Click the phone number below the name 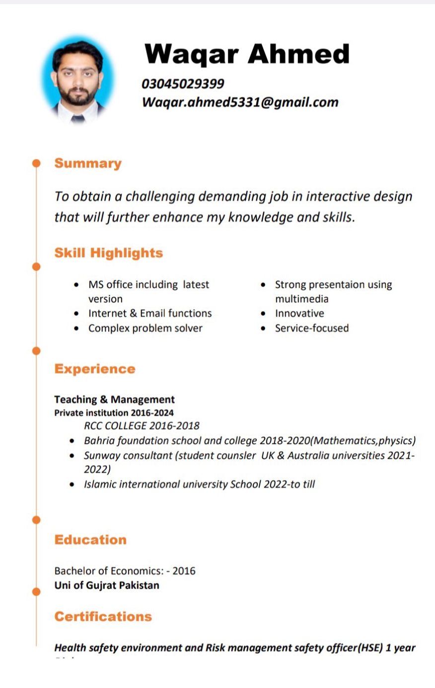pos(183,84)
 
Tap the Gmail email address pos(240,102)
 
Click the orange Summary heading pos(88,164)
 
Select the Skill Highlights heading pos(109,253)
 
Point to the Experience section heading pos(95,369)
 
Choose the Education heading pos(90,540)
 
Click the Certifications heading pos(103,616)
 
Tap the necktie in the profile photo pos(77,118)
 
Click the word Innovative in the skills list pos(299,313)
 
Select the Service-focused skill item pos(312,328)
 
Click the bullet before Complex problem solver pos(76,329)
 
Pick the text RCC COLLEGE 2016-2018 pos(142,426)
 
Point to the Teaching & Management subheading pos(114,399)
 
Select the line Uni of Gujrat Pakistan pos(107,585)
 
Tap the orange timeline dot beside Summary pos(36,163)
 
